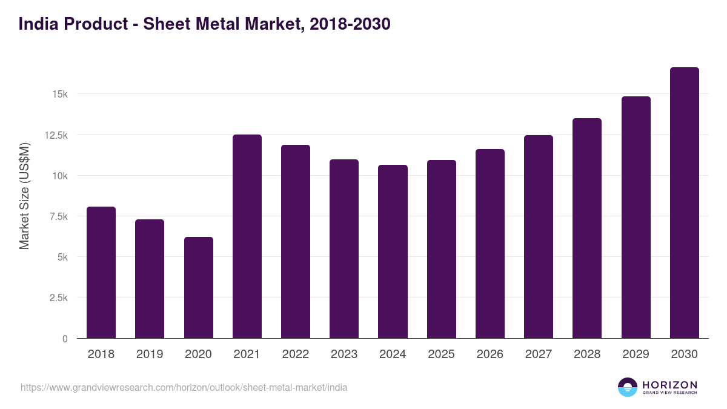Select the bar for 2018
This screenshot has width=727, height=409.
(x=101, y=273)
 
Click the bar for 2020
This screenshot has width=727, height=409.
(x=199, y=288)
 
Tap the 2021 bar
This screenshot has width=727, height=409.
(x=247, y=236)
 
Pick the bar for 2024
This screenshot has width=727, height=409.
(x=393, y=251)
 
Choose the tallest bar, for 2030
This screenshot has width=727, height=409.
(x=684, y=203)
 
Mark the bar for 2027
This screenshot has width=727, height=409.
(x=539, y=236)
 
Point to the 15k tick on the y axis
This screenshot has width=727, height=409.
(x=59, y=95)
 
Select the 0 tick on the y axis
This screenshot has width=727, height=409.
(x=64, y=339)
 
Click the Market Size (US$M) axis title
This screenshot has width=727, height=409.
(x=24, y=196)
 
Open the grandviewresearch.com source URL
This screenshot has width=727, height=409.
(x=184, y=387)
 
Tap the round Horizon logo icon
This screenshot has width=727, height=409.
(x=628, y=387)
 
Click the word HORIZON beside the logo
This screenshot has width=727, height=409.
(x=669, y=385)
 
